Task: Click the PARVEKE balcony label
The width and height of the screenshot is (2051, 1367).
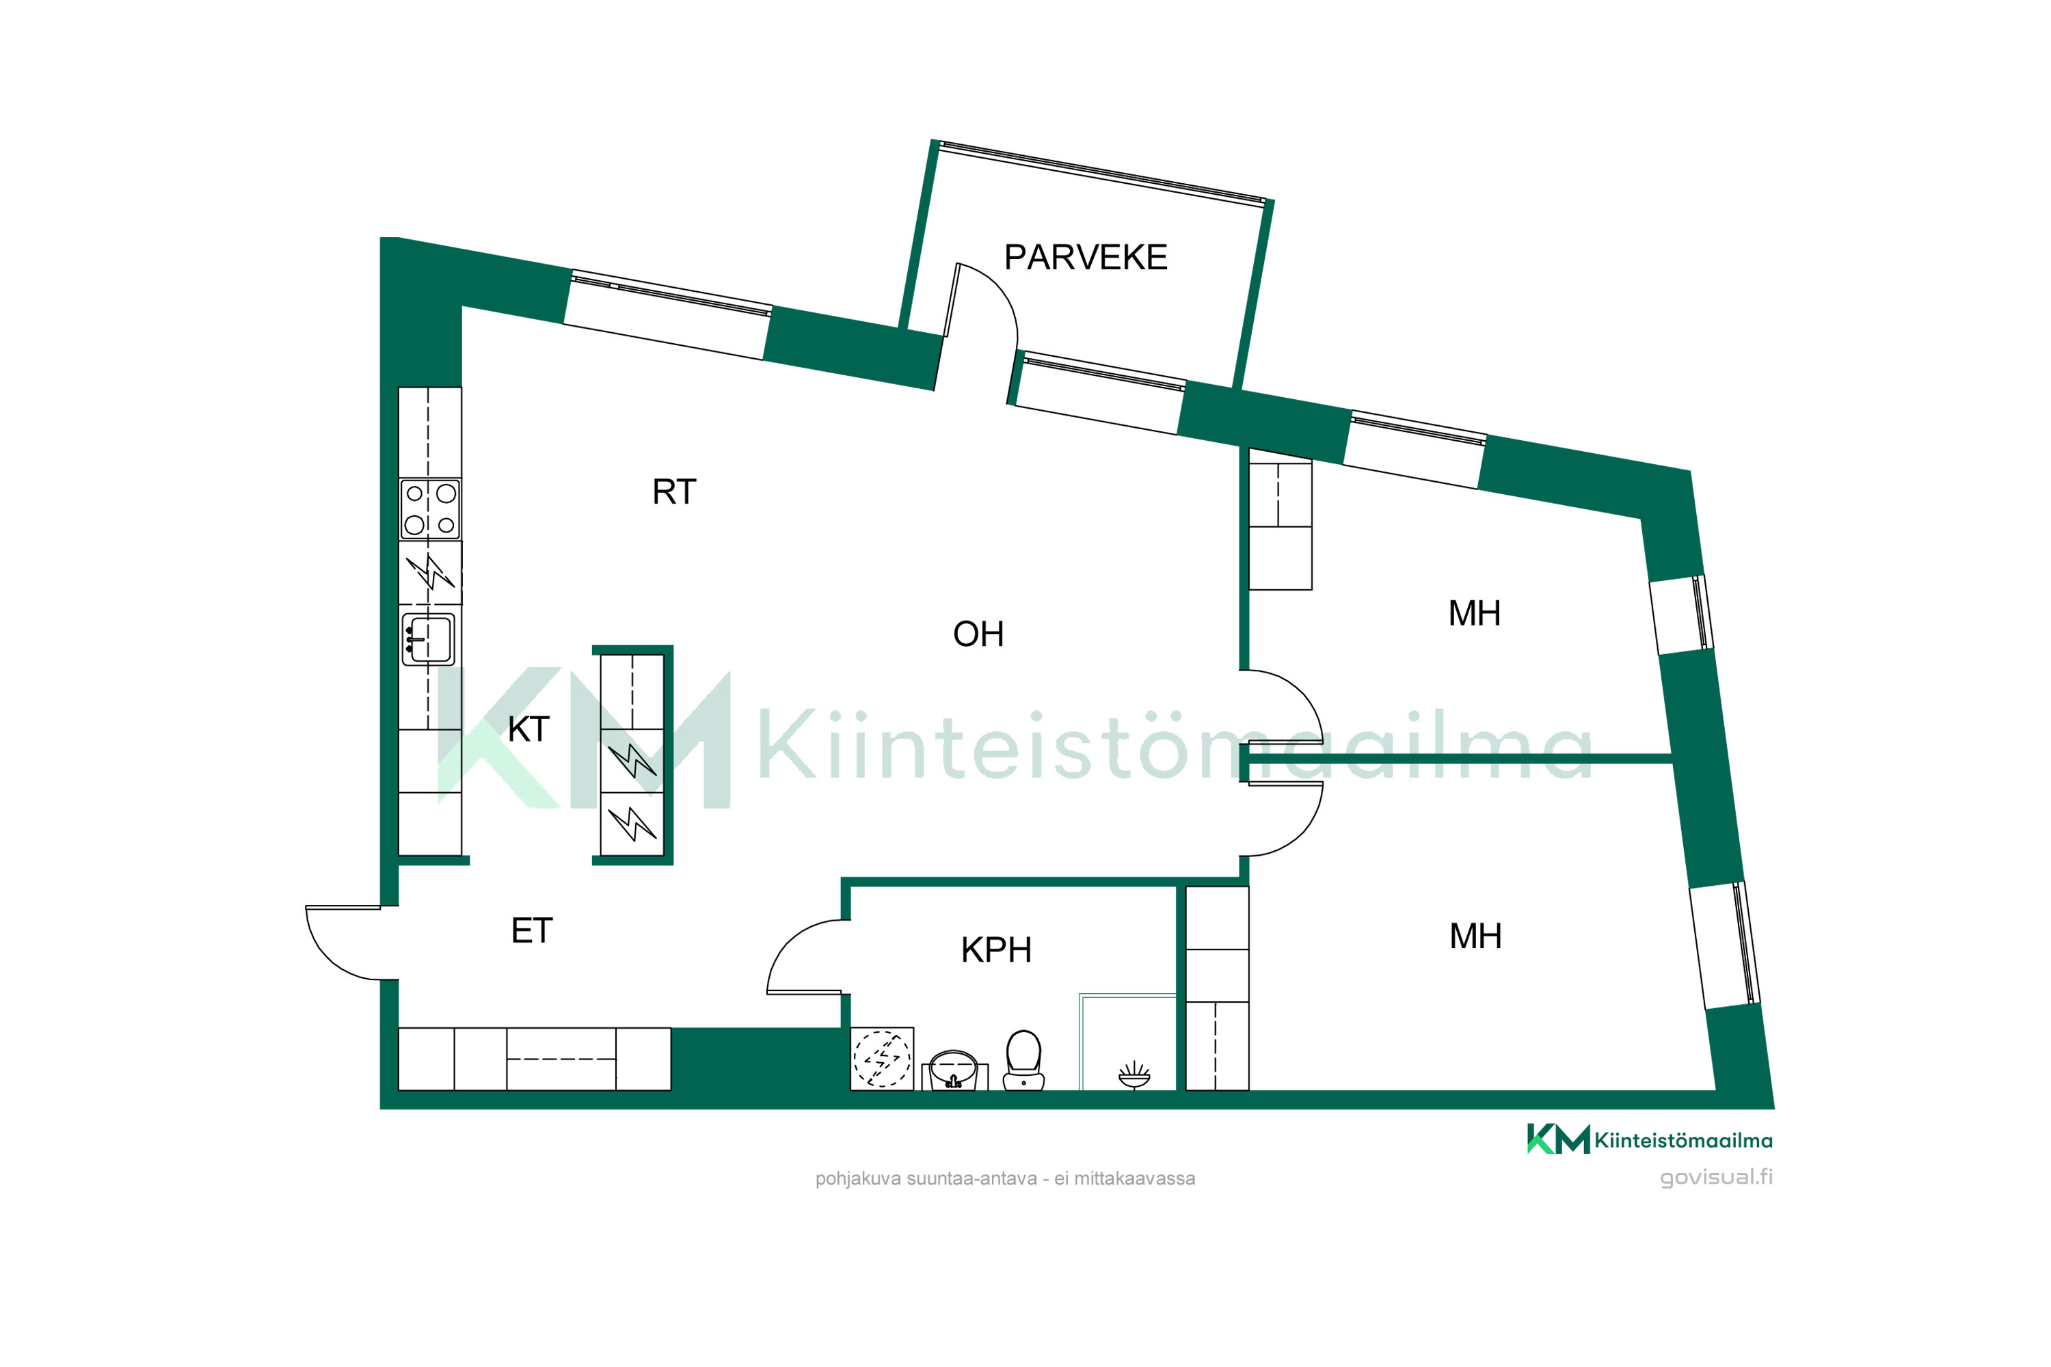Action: tap(1086, 257)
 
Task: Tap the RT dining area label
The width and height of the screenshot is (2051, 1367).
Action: tap(674, 491)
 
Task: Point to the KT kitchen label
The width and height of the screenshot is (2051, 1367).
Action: tap(528, 729)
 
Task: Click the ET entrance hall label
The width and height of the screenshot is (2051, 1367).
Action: tap(532, 931)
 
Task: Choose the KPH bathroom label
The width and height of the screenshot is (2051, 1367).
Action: tap(996, 950)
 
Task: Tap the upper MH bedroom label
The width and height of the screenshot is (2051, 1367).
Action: tap(1475, 614)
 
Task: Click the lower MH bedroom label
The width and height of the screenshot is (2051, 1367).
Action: tap(1475, 936)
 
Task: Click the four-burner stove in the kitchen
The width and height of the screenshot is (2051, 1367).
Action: tap(430, 509)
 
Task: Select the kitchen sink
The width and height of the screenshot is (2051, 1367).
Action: tap(428, 640)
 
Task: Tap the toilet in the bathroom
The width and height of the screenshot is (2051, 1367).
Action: tap(1023, 1059)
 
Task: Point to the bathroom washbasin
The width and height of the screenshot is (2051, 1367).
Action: tap(954, 1070)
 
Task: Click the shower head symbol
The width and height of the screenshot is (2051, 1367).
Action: tap(1134, 1075)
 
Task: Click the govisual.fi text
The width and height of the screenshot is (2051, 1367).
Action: tap(1716, 1177)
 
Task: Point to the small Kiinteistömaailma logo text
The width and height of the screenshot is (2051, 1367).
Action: tap(1683, 1140)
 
